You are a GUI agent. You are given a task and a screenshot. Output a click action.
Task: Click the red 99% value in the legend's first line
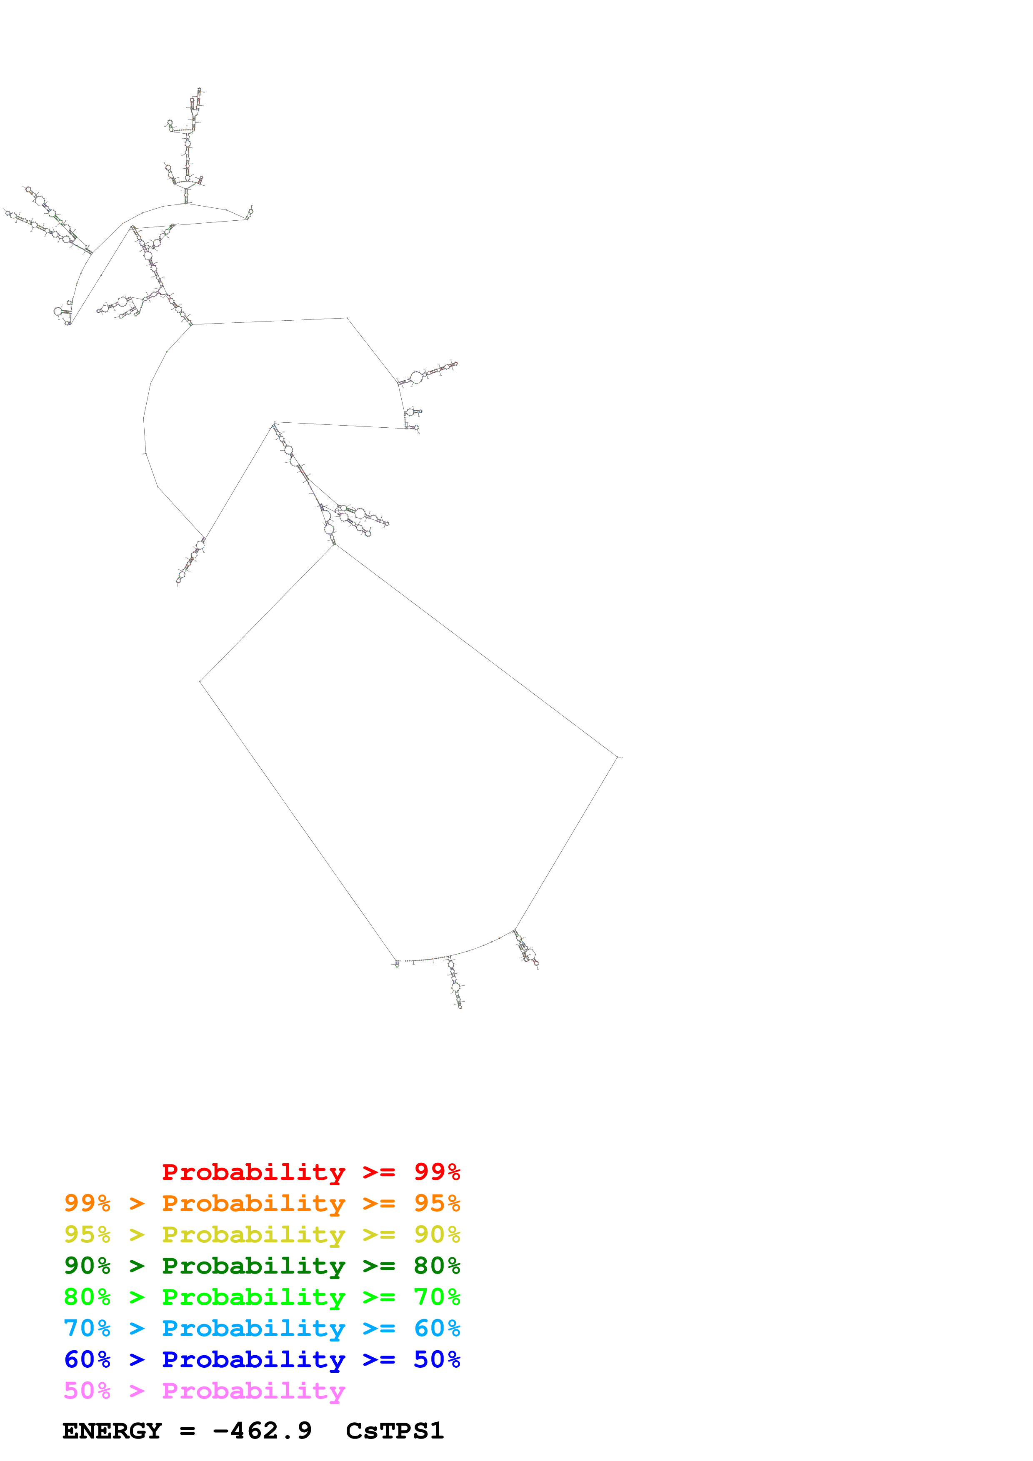437,1172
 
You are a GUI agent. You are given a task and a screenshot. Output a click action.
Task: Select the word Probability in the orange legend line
253,1203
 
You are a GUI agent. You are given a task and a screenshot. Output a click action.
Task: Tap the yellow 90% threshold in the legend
437,1234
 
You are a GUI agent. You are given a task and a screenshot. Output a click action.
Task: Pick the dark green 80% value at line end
437,1266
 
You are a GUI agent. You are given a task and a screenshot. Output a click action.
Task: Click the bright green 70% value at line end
437,1297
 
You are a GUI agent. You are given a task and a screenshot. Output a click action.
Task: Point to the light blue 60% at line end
437,1328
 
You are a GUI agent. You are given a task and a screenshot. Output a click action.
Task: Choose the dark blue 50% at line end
437,1359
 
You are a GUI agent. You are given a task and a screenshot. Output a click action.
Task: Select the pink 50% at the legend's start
87,1390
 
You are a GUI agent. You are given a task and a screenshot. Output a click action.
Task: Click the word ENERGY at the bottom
112,1431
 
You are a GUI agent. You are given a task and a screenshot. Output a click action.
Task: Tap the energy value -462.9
262,1431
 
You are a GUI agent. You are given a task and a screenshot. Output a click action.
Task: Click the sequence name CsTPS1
395,1431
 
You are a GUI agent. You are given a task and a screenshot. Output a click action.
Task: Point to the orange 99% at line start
87,1203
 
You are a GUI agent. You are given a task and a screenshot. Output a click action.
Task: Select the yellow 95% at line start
87,1234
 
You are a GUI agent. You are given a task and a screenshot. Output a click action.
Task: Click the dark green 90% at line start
87,1266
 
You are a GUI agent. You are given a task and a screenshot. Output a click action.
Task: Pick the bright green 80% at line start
87,1297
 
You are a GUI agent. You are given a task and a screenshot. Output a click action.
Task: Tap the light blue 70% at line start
87,1328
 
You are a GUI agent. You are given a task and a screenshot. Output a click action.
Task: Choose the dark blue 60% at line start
87,1359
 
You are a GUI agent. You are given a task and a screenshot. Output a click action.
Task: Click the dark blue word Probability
253,1359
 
